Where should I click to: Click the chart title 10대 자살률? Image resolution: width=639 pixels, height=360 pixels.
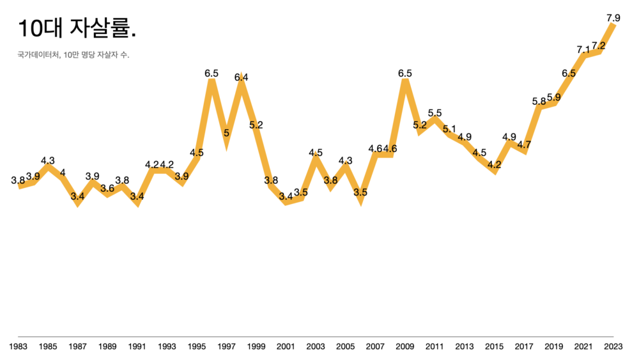pyautogui.click(x=77, y=28)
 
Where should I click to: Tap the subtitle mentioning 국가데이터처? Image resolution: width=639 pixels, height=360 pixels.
pyautogui.click(x=73, y=56)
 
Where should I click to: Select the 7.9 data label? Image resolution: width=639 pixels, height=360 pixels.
pyautogui.click(x=613, y=18)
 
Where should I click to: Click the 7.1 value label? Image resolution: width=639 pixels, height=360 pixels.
pyautogui.click(x=583, y=49)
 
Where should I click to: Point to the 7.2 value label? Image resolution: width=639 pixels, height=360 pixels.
pyautogui.click(x=599, y=45)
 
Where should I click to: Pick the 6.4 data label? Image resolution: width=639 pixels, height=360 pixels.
pyautogui.click(x=242, y=77)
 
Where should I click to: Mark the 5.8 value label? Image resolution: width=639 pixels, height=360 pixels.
pyautogui.click(x=539, y=101)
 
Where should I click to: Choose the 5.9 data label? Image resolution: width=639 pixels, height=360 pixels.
pyautogui.click(x=554, y=97)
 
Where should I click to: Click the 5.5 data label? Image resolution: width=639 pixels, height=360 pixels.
pyautogui.click(x=435, y=113)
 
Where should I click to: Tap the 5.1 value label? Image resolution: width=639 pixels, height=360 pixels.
pyautogui.click(x=450, y=129)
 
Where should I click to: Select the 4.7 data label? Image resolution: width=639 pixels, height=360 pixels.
pyautogui.click(x=524, y=145)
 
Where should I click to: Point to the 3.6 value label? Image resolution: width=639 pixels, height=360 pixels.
pyautogui.click(x=107, y=188)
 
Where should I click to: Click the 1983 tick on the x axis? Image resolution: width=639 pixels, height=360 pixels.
pyautogui.click(x=18, y=347)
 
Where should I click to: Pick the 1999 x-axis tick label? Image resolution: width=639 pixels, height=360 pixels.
pyautogui.click(x=256, y=347)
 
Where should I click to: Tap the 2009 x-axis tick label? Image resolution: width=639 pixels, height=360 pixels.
pyautogui.click(x=405, y=347)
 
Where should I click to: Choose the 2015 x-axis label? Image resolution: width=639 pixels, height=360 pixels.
pyautogui.click(x=495, y=347)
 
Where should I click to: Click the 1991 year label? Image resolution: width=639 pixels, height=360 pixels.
pyautogui.click(x=137, y=347)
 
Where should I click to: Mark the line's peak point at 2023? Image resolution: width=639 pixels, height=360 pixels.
pyautogui.click(x=613, y=24)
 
